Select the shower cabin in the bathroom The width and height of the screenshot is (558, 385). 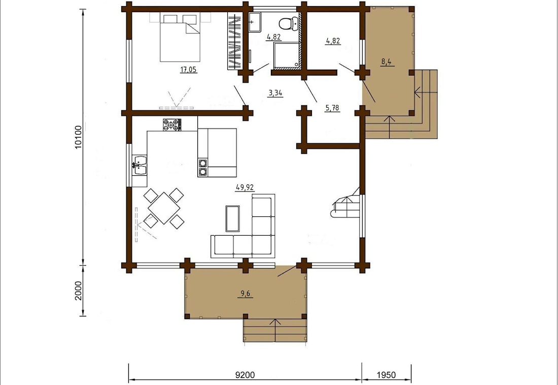click(286, 55)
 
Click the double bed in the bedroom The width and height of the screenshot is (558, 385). click(180, 37)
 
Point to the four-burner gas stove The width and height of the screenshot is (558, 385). click(172, 125)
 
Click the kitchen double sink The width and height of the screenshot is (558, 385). click(139, 166)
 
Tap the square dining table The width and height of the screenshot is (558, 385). click(164, 208)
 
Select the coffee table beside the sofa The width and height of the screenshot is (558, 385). click(233, 218)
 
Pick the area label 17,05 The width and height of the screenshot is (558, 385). click(189, 70)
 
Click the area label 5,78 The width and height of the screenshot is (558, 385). click(332, 108)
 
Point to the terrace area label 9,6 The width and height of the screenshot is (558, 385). click(246, 294)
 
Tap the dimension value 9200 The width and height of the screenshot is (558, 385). click(245, 375)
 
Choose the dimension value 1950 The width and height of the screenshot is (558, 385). click(386, 375)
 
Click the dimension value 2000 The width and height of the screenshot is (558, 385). click(79, 291)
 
